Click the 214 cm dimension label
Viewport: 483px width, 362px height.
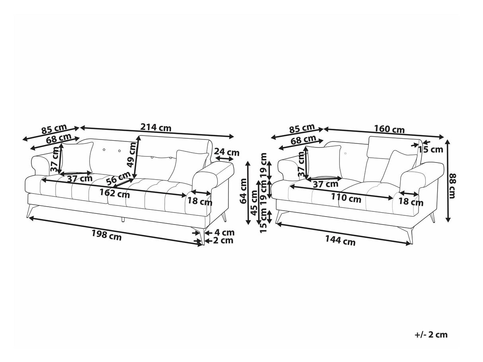[x=156, y=127]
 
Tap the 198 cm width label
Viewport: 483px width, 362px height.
[x=107, y=235]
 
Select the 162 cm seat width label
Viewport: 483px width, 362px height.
[x=115, y=194]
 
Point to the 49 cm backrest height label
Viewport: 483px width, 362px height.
[x=133, y=155]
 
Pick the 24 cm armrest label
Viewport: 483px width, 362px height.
[x=227, y=152]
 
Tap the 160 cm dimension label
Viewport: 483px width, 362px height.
[x=389, y=129]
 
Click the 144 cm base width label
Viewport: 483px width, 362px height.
[x=340, y=240]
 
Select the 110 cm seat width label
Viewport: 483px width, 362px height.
[x=346, y=198]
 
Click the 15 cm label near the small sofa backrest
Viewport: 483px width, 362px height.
[x=430, y=150]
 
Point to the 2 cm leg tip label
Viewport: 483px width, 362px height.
[x=223, y=240]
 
